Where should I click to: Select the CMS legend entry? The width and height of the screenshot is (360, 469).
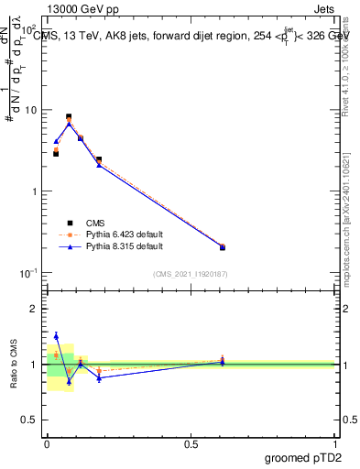(x=96, y=223)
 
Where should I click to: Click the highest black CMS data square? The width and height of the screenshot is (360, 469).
(x=69, y=116)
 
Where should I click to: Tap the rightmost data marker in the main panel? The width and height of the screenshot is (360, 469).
(x=223, y=246)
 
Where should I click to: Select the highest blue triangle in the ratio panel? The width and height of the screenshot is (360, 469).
(x=56, y=336)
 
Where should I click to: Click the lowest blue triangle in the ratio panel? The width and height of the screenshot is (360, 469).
(x=69, y=381)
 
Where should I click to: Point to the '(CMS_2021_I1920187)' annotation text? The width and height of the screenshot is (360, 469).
(x=191, y=274)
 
